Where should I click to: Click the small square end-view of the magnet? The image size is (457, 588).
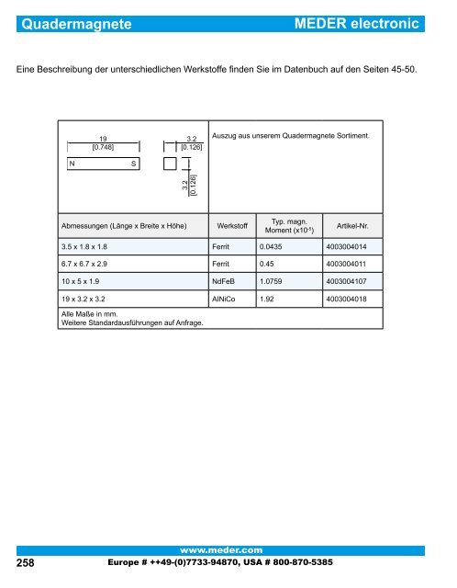(170, 163)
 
